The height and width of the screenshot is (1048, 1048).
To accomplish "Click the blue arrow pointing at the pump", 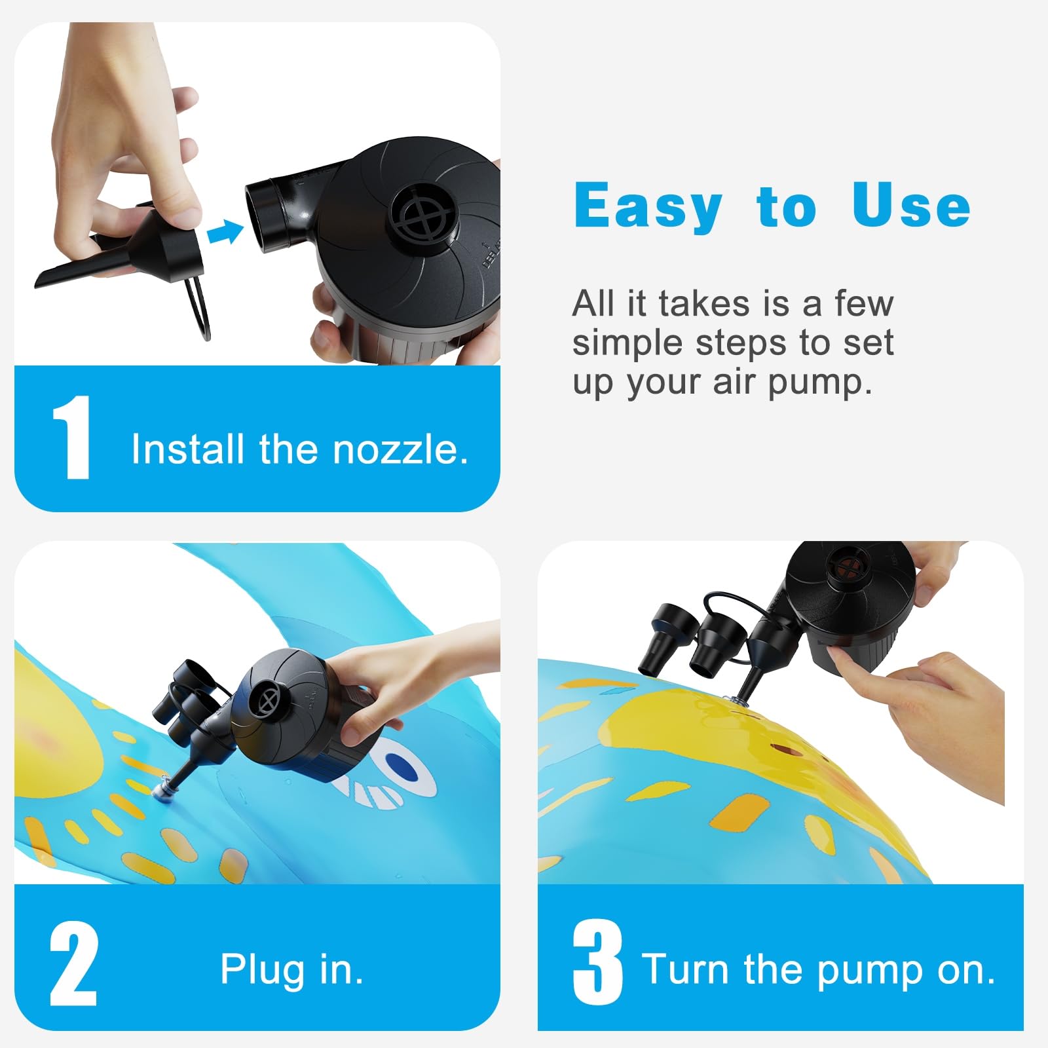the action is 225,232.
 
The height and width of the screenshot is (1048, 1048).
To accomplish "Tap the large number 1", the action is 71,438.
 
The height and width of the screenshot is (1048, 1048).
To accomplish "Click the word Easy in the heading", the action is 648,207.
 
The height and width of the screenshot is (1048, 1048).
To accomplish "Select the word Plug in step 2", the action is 263,971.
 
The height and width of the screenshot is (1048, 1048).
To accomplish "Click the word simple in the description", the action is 627,344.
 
